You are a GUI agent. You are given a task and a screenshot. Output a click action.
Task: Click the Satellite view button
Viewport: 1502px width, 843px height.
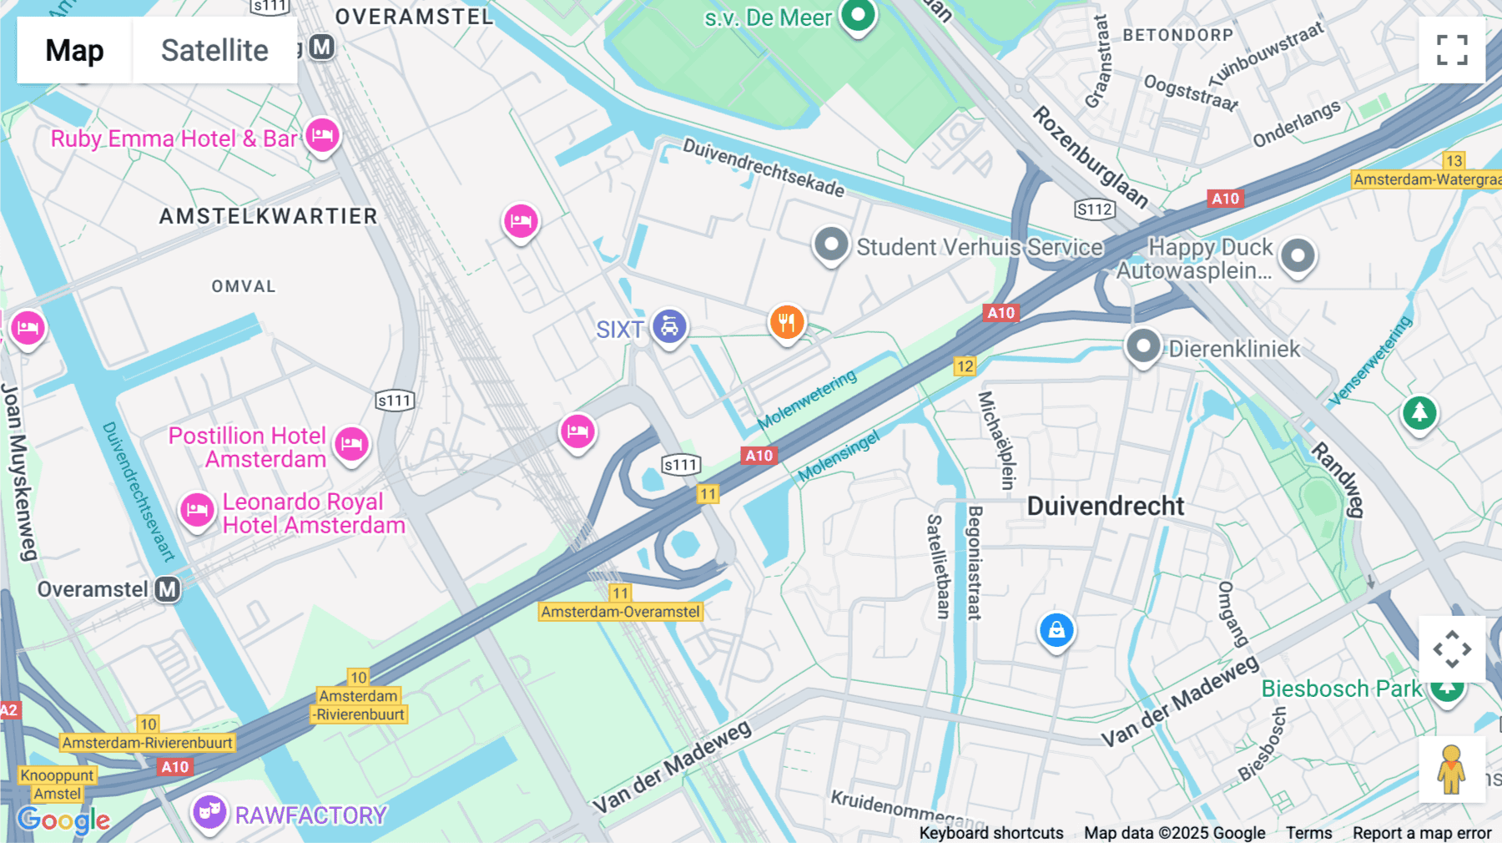tap(214, 50)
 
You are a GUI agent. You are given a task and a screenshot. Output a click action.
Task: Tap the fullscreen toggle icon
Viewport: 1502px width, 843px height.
tap(1452, 50)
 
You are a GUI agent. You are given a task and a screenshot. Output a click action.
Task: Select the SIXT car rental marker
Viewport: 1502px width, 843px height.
tap(669, 326)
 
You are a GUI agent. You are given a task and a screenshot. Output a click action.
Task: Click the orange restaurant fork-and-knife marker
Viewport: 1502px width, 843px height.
tap(786, 322)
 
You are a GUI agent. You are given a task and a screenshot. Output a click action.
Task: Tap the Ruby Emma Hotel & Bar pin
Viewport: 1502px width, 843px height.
tap(322, 135)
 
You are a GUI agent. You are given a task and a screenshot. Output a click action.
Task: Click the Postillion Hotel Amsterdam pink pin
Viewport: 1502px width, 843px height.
tap(351, 443)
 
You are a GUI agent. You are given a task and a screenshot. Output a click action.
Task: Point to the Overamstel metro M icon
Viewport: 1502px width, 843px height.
tap(168, 589)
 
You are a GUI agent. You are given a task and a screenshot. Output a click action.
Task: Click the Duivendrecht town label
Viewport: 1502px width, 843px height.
tap(1105, 506)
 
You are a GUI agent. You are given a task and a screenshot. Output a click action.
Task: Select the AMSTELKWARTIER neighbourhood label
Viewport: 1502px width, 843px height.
tap(269, 216)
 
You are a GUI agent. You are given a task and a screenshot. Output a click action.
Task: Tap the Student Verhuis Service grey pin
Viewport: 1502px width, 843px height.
tap(831, 245)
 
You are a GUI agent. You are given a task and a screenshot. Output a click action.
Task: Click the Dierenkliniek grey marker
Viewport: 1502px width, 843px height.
tap(1143, 345)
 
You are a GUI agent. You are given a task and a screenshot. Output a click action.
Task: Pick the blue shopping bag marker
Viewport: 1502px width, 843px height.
tap(1056, 630)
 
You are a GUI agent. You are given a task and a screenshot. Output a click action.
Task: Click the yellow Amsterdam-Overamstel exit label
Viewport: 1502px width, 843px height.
tap(620, 612)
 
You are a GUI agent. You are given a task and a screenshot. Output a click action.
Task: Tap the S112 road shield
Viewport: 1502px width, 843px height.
tap(1094, 209)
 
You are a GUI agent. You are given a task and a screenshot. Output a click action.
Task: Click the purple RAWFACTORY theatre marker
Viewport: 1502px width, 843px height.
tap(209, 811)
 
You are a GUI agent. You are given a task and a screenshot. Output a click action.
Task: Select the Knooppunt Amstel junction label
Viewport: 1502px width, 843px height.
tap(57, 785)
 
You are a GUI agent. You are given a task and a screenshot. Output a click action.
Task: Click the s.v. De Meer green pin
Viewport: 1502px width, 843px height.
tap(858, 15)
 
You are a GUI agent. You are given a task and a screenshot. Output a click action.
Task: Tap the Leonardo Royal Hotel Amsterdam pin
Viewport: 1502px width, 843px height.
tap(197, 509)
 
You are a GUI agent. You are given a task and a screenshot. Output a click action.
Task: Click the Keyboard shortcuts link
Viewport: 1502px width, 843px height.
tap(990, 833)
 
